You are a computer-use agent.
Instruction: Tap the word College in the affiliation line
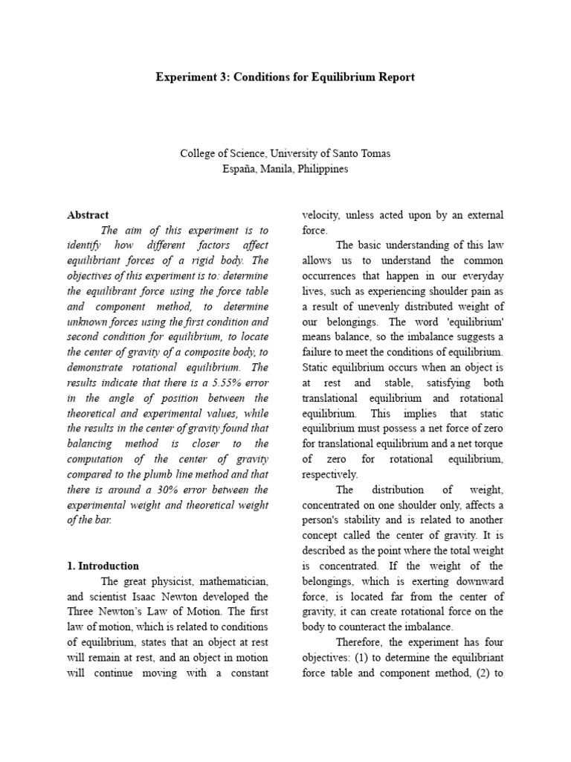coord(198,153)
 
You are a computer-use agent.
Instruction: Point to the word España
coord(240,168)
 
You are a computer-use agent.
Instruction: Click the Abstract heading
coord(88,214)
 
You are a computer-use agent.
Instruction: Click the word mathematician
coord(232,580)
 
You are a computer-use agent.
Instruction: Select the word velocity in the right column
coord(320,214)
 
